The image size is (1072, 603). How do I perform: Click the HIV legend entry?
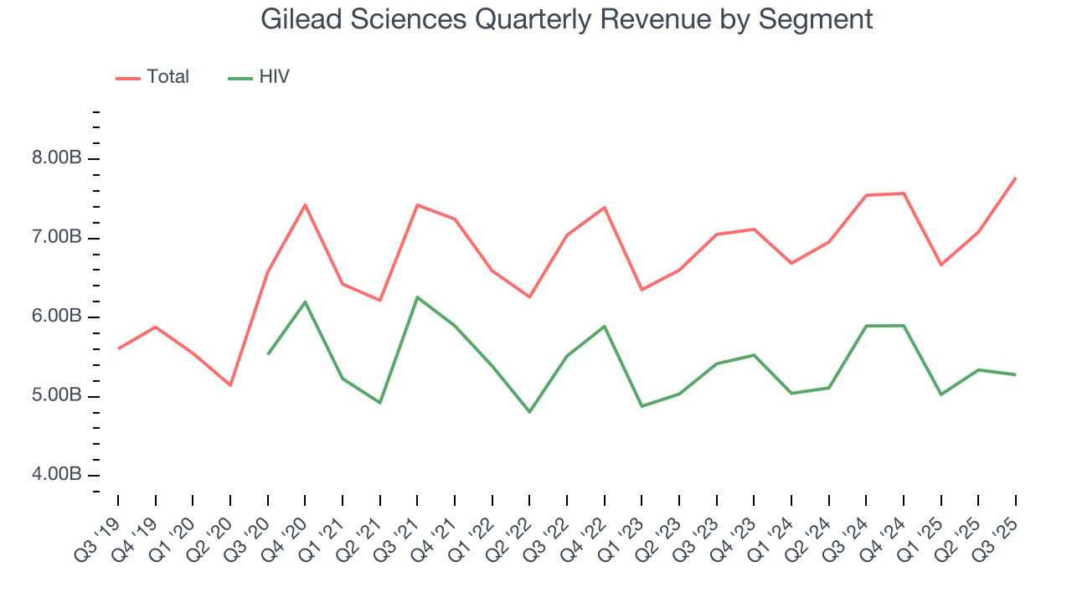tap(260, 77)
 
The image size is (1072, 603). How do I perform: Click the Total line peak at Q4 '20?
tap(305, 204)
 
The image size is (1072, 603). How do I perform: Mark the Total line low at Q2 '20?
tap(230, 385)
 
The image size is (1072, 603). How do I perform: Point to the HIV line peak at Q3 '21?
tap(417, 297)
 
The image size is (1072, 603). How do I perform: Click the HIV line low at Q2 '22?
tap(529, 412)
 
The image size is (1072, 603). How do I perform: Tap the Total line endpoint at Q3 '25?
tap(1016, 178)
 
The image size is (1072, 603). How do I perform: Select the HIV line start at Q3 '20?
tap(268, 354)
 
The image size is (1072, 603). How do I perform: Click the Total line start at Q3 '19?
tap(118, 348)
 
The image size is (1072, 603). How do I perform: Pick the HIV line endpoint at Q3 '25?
tap(1016, 374)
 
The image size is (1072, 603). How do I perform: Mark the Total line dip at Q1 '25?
tap(941, 265)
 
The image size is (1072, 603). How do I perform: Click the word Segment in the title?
tap(816, 18)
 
